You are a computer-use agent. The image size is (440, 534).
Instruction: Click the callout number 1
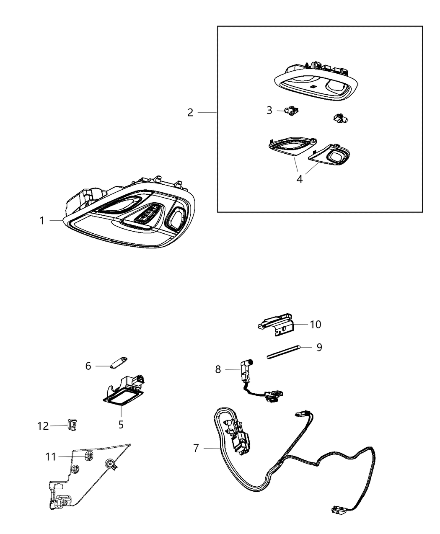click(42, 220)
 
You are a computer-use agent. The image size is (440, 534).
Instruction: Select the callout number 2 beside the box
click(190, 113)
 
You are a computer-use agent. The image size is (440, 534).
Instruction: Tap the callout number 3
click(269, 110)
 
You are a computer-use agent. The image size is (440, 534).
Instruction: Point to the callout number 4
click(299, 179)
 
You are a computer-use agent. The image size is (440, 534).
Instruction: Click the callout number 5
click(121, 424)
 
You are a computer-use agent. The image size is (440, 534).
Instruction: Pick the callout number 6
click(88, 366)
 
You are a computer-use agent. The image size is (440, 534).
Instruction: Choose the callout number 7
click(196, 448)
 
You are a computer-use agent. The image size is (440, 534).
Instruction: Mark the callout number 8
click(218, 369)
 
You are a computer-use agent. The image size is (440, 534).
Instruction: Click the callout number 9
click(319, 347)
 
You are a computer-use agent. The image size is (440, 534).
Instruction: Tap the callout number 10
click(315, 324)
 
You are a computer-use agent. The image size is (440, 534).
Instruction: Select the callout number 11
click(51, 457)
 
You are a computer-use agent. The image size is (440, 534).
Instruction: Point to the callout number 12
click(43, 426)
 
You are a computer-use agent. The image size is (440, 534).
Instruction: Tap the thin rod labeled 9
click(282, 352)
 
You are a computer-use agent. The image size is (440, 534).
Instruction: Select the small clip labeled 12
click(72, 424)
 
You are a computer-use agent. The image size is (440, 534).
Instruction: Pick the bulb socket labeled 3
click(291, 111)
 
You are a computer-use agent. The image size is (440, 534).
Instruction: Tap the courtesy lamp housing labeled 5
click(124, 390)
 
